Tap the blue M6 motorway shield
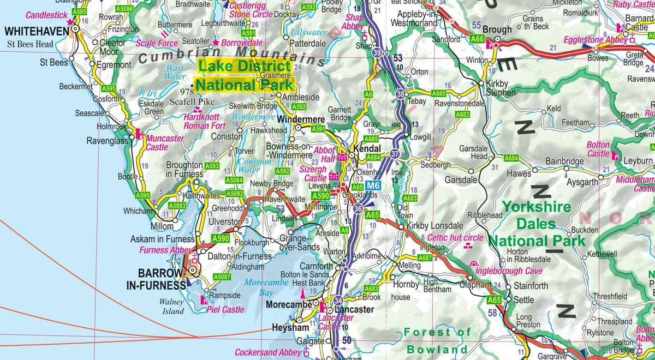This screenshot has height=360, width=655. (x=371, y=185)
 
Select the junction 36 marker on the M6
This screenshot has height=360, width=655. (x=358, y=208)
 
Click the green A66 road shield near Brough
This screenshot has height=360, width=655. (x=477, y=39)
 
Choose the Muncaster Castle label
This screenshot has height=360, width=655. (x=165, y=143)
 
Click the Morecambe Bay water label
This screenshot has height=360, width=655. (x=266, y=287)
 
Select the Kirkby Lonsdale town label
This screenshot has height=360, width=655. (x=434, y=226)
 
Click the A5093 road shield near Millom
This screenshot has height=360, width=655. (x=177, y=206)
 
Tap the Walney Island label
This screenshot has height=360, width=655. (x=172, y=307)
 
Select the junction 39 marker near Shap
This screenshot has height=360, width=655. (x=378, y=53)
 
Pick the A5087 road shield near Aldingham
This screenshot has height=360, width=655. (x=223, y=277)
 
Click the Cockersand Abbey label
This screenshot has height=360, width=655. (x=267, y=352)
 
